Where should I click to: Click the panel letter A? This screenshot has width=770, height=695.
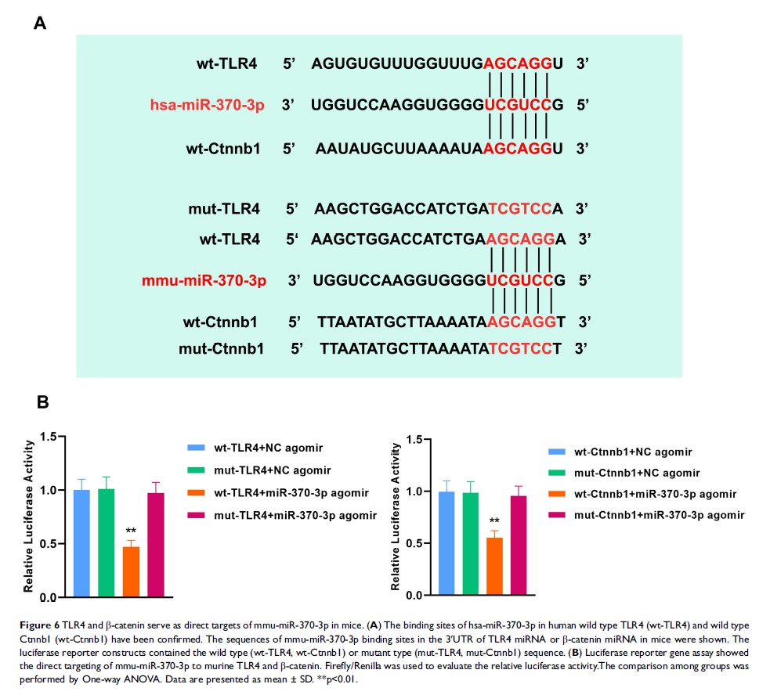point(40,23)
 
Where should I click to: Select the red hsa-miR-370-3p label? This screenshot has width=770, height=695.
point(205,103)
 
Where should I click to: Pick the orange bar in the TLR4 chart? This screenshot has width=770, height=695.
point(132,571)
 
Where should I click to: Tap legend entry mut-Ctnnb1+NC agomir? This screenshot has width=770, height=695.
point(631,473)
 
